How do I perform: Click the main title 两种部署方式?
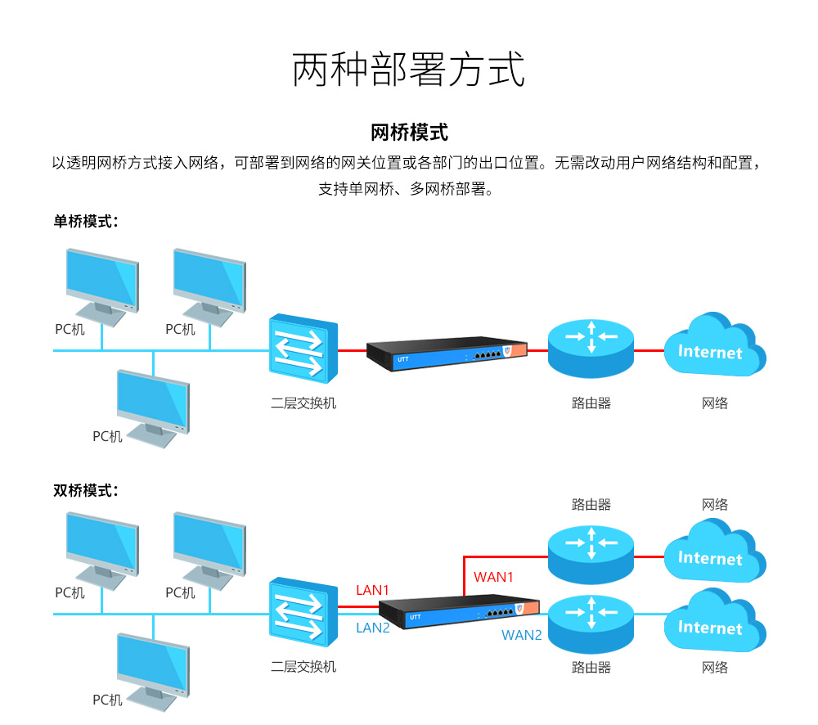pos(408,69)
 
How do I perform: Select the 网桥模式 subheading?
pos(409,133)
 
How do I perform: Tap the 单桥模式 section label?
pos(86,221)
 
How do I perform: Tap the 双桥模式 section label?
pos(86,491)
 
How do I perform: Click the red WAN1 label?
pos(493,577)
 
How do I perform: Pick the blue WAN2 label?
pos(522,635)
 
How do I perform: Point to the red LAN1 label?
pos(372,590)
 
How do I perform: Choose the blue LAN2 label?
pos(372,628)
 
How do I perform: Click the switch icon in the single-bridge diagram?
pos(303,349)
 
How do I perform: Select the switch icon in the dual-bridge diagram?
pos(303,612)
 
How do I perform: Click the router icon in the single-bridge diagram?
pos(591,349)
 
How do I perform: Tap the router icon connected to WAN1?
pos(591,555)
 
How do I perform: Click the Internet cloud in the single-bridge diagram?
pos(715,345)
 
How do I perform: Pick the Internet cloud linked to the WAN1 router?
pos(715,552)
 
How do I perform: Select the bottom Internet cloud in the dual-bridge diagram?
pos(715,621)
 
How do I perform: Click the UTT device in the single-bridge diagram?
pos(447,353)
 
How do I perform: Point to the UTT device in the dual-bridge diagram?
pos(459,611)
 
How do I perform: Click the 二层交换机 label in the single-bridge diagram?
pos(303,403)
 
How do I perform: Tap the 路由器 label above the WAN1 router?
pos(591,505)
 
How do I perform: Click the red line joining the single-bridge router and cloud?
pos(649,350)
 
